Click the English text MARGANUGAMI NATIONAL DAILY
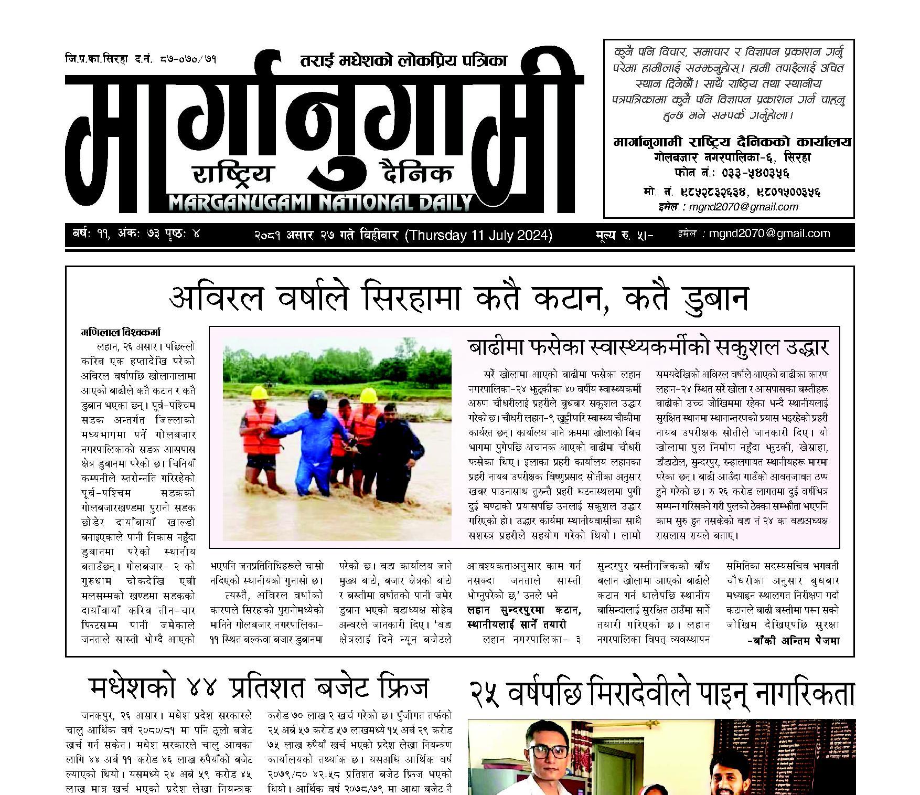click(320, 203)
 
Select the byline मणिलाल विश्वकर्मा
click(121, 333)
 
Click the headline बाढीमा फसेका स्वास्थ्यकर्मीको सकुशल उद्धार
click(648, 348)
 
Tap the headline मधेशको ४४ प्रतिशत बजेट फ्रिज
click(259, 688)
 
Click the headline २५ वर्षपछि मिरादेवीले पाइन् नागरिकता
click(661, 694)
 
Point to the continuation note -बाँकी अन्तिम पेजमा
click(793, 641)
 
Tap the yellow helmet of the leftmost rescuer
click(259, 393)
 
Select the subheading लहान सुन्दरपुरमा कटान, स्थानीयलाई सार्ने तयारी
click(523, 618)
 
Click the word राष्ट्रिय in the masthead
click(233, 174)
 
